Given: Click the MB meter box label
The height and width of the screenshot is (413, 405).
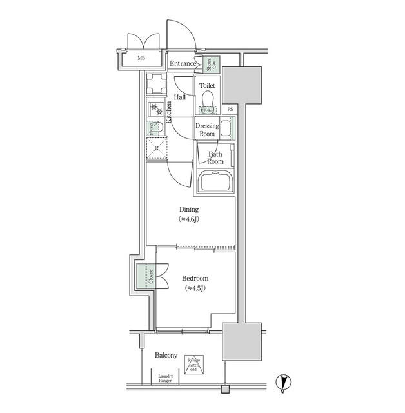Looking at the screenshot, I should click(141, 59).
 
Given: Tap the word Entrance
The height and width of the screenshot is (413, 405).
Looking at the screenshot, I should click(183, 63).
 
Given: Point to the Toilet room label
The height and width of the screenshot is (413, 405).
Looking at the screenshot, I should click(207, 85).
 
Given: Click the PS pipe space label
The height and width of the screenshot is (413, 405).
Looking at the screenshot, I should click(230, 109).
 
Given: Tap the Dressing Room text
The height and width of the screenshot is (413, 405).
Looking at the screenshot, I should click(207, 129).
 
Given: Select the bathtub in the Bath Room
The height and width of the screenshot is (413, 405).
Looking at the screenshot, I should click(215, 183).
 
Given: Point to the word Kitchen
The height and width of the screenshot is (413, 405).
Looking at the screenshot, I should click(169, 112).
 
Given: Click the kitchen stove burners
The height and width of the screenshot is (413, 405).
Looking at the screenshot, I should click(155, 109).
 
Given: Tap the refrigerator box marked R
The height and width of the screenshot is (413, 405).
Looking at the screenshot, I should click(156, 148).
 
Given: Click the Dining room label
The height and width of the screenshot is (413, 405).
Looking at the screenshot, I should click(189, 214).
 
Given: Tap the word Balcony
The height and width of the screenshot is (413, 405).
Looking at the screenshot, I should click(166, 356).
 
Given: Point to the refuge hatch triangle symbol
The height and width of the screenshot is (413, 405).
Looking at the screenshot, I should click(193, 365).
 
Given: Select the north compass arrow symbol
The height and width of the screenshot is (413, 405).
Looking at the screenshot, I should click(282, 383).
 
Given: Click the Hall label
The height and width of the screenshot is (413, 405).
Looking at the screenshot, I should click(180, 97).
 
